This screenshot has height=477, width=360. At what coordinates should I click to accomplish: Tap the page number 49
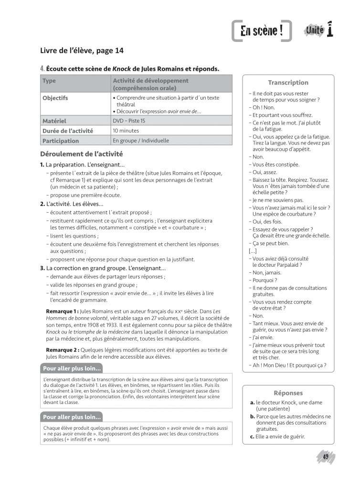(326, 457)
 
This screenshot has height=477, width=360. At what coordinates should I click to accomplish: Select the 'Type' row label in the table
(49, 81)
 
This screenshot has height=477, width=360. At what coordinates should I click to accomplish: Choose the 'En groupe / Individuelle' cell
(141, 141)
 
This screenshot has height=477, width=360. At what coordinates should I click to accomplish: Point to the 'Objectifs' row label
(55, 98)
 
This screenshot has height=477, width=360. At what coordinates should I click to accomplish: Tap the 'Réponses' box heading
(288, 393)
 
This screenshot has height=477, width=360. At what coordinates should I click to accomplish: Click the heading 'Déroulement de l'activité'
(82, 155)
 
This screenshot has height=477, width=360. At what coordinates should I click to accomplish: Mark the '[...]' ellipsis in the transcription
(253, 251)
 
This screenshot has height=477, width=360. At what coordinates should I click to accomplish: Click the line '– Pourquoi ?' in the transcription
(263, 280)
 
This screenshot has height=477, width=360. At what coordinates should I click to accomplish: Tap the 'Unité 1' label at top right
(319, 31)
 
